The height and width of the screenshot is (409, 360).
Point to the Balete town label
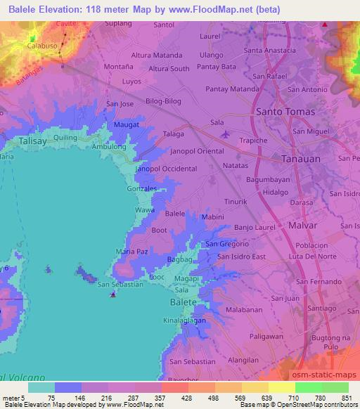(x=183, y=301)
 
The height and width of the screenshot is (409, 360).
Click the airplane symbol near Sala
(x=224, y=134)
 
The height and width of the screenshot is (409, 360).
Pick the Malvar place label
(x=304, y=226)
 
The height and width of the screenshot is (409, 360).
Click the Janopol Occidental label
(x=166, y=169)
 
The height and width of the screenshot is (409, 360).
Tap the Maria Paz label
(x=132, y=251)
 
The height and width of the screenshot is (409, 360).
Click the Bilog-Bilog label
(x=164, y=103)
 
